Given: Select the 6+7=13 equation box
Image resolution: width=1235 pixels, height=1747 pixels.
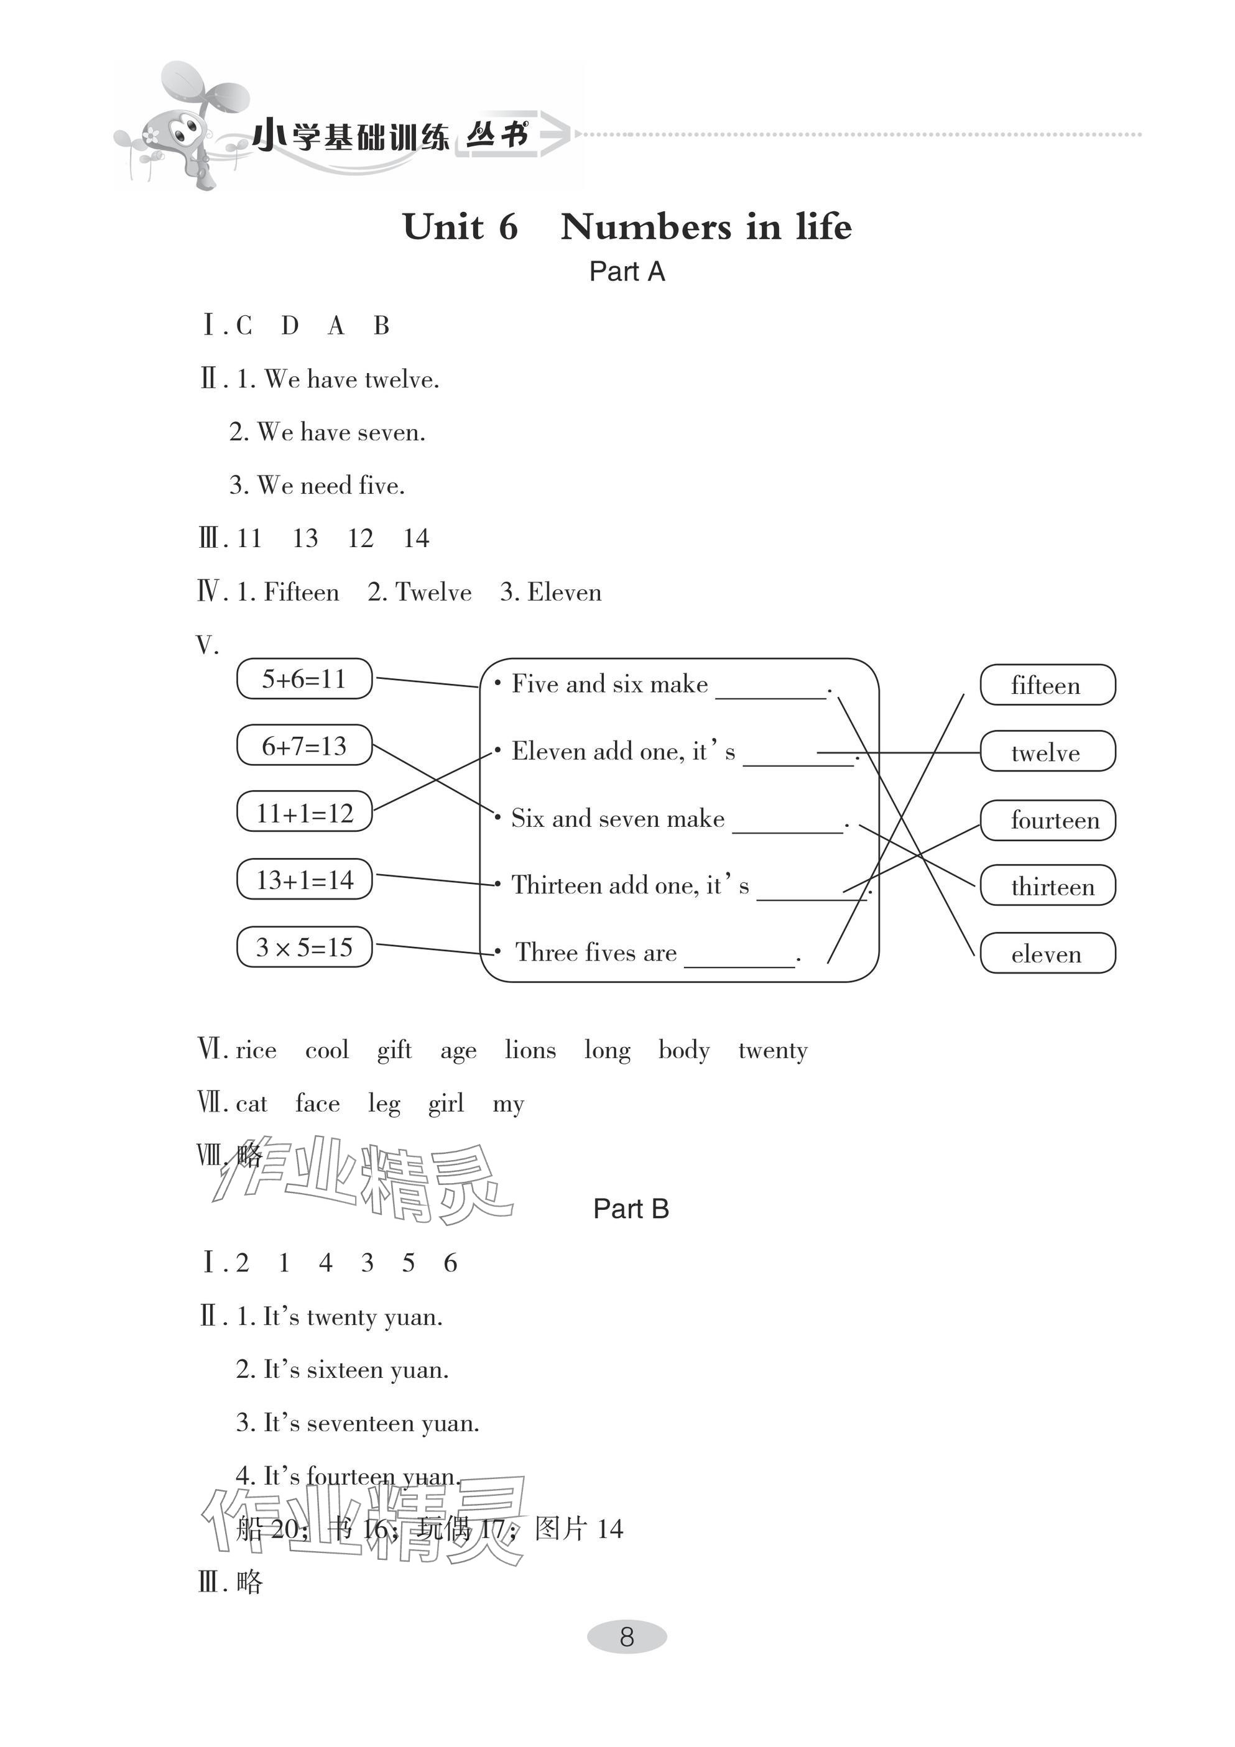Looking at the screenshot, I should pyautogui.click(x=304, y=745).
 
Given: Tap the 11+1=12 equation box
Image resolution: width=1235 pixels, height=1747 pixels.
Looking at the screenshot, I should pyautogui.click(x=304, y=813).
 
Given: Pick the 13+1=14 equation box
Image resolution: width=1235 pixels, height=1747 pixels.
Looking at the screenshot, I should pyautogui.click(x=304, y=880).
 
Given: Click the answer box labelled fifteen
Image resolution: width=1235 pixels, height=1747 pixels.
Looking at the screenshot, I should pyautogui.click(x=1047, y=685).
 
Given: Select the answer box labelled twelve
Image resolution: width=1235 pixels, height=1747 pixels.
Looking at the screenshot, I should pyautogui.click(x=1047, y=752).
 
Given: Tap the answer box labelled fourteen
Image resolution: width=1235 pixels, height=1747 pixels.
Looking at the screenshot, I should pyautogui.click(x=1047, y=820).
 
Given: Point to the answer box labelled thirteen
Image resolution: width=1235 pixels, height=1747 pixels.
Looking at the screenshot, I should pyautogui.click(x=1047, y=887).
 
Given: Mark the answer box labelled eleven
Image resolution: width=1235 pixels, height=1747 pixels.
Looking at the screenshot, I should pyautogui.click(x=1047, y=954).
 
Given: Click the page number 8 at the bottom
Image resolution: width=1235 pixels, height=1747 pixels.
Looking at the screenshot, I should pyautogui.click(x=626, y=1636).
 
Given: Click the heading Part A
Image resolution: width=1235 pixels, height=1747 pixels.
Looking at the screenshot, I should pyautogui.click(x=627, y=272).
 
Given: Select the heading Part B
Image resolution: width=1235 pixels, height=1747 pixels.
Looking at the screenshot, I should pyautogui.click(x=631, y=1209).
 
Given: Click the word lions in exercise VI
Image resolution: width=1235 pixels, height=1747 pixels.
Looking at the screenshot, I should pyautogui.click(x=530, y=1050).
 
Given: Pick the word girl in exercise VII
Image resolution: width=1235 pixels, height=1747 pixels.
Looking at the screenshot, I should pyautogui.click(x=445, y=1104).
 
